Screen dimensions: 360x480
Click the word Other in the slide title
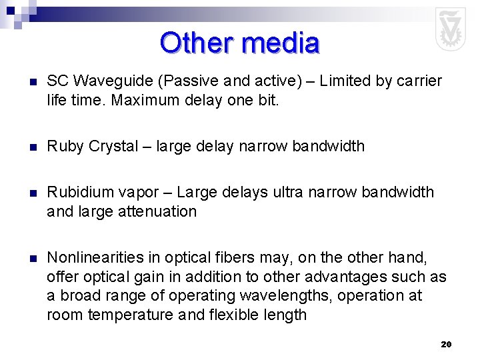197,43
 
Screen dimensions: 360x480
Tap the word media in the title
281,43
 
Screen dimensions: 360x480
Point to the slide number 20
446,344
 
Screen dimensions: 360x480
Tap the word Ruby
65,146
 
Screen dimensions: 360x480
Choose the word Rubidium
81,193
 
